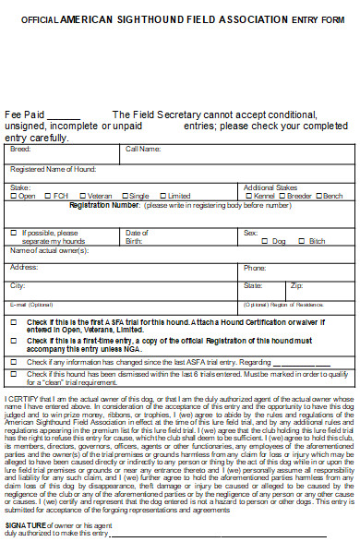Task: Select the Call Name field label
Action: click(143, 149)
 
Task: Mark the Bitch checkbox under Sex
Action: click(303, 241)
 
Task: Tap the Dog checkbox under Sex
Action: click(266, 241)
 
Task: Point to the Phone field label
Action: click(254, 268)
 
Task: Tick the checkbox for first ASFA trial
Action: click(13, 321)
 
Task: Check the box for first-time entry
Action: click(13, 341)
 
